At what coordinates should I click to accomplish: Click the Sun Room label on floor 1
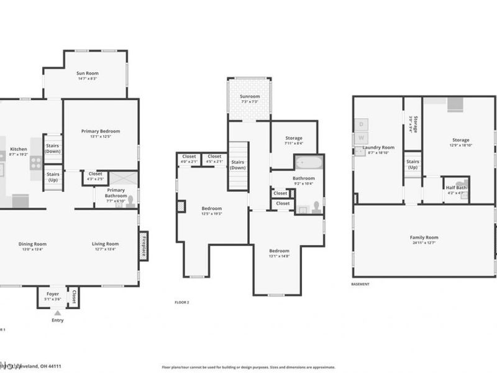pyautogui.click(x=88, y=73)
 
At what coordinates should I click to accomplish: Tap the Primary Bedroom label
pyautogui.click(x=101, y=131)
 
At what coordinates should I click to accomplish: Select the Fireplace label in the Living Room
pyautogui.click(x=144, y=246)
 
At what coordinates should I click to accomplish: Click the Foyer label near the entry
pyautogui.click(x=53, y=293)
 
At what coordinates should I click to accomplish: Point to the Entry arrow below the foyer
pyautogui.click(x=57, y=312)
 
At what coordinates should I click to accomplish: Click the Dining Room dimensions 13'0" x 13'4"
pyautogui.click(x=32, y=250)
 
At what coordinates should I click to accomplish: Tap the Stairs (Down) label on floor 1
pyautogui.click(x=53, y=149)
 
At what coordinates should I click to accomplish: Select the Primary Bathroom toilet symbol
pyautogui.click(x=129, y=201)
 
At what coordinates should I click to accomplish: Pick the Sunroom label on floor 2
pyautogui.click(x=250, y=97)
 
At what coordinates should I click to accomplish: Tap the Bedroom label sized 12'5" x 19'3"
pyautogui.click(x=211, y=208)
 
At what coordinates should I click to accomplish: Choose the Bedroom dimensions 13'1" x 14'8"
pyautogui.click(x=279, y=256)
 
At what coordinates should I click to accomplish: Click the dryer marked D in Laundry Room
pyautogui.click(x=363, y=124)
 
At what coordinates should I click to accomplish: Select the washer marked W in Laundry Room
pyautogui.click(x=363, y=137)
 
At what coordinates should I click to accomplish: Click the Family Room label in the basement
pyautogui.click(x=424, y=237)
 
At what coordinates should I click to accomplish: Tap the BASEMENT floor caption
pyautogui.click(x=360, y=284)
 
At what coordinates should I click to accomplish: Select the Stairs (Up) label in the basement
pyautogui.click(x=413, y=165)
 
